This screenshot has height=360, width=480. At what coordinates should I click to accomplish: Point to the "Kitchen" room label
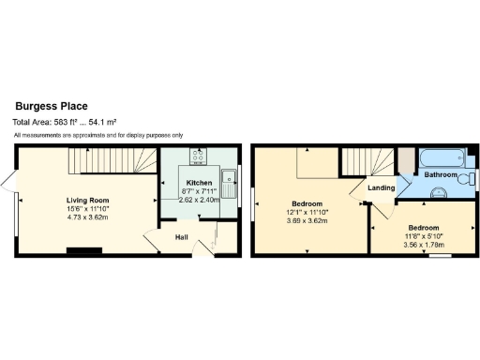pos(199,182)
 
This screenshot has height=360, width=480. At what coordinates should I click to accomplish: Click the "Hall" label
pos(183,236)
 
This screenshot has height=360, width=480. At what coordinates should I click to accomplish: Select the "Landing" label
pos(381,188)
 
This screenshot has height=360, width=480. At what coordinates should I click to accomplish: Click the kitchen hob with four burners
pos(200,157)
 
